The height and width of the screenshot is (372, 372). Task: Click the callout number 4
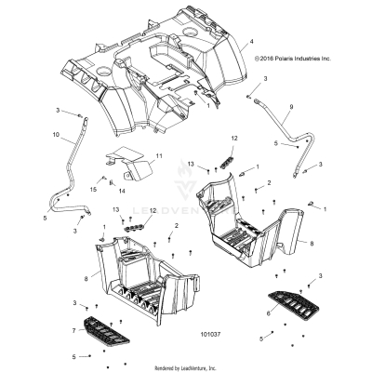249,43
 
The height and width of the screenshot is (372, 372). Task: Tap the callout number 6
269,314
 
